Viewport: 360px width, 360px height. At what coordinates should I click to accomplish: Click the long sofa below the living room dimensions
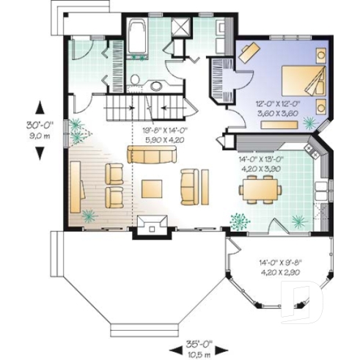tap(152, 155)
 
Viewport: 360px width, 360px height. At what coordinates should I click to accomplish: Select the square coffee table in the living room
tap(154, 188)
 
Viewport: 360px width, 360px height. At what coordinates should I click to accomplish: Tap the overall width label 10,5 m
tap(194, 353)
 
